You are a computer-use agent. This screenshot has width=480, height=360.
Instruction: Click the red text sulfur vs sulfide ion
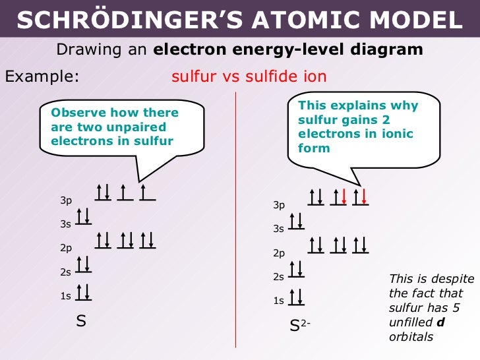coord(249,76)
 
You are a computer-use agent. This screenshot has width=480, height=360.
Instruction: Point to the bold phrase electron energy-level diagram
coord(288,50)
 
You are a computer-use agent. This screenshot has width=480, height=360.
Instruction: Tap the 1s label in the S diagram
coord(66,296)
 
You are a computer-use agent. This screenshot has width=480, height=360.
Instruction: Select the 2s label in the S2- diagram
coord(278,278)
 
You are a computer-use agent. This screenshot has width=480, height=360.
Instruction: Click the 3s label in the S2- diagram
coord(278,229)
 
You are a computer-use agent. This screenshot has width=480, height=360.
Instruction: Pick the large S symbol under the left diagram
coord(81,322)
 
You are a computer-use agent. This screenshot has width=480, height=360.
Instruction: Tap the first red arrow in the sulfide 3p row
coord(343,196)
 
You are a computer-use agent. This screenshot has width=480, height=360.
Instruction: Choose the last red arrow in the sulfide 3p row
coord(364,196)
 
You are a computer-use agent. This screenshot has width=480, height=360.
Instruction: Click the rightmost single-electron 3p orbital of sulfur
coord(146,192)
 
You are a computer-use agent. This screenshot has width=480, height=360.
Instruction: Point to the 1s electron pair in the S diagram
coord(84,292)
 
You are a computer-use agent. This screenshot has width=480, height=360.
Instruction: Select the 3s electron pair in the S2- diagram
coord(297,220)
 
